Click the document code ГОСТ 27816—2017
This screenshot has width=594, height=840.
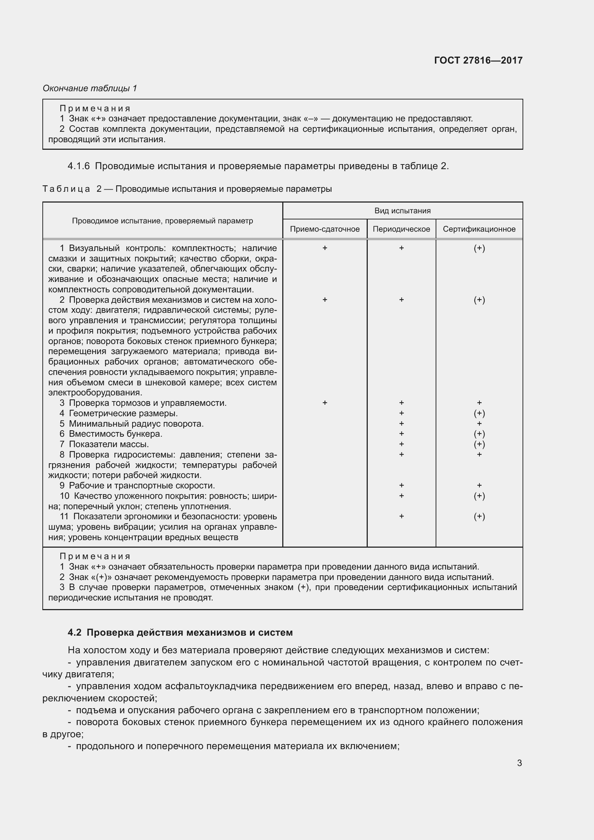click(478, 60)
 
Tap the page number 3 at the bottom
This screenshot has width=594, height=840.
click(519, 763)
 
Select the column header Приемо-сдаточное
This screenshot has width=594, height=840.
click(324, 229)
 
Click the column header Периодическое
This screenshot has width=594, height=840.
click(401, 229)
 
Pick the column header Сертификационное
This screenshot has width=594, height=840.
click(479, 229)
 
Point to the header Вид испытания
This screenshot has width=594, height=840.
click(402, 211)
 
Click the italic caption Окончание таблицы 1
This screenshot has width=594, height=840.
click(90, 88)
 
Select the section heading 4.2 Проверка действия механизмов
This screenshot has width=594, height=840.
click(180, 632)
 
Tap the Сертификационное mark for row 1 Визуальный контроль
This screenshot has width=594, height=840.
click(479, 248)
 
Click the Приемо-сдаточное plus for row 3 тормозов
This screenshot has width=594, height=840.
click(324, 403)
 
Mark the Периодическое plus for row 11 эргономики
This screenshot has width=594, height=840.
click(401, 516)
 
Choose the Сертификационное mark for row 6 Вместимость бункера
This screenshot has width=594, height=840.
click(479, 434)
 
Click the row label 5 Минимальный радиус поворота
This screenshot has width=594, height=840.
click(132, 424)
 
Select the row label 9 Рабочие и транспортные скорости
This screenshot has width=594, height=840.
click(137, 486)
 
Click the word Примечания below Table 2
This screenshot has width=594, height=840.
click(95, 556)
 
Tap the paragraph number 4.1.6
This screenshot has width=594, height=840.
click(78, 166)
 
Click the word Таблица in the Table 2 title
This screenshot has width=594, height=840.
click(66, 189)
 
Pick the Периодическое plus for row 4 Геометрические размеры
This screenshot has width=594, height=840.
click(401, 413)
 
